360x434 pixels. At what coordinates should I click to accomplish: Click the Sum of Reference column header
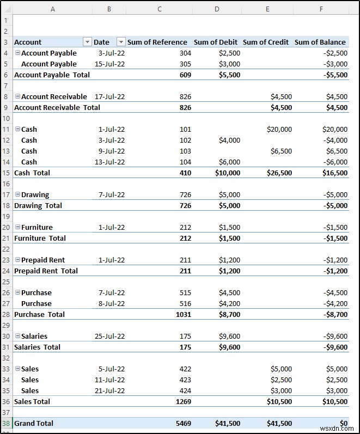(157, 42)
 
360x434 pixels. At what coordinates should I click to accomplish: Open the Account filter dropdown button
(87, 42)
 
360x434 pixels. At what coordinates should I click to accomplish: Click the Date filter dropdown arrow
(121, 42)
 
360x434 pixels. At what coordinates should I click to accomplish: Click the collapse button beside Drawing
(17, 194)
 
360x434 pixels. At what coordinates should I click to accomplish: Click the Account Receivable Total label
(57, 107)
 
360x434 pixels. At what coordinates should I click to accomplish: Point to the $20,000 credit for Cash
(279, 129)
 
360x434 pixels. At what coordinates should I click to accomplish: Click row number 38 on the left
(6, 423)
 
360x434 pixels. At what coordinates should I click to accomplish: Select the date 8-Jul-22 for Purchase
(111, 303)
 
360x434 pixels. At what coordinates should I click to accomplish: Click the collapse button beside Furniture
(17, 227)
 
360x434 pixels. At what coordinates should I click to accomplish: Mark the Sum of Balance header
(320, 42)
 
